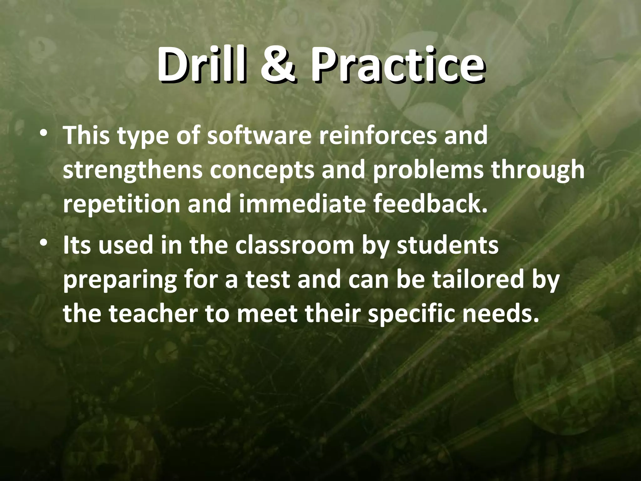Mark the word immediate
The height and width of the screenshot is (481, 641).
(302, 205)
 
